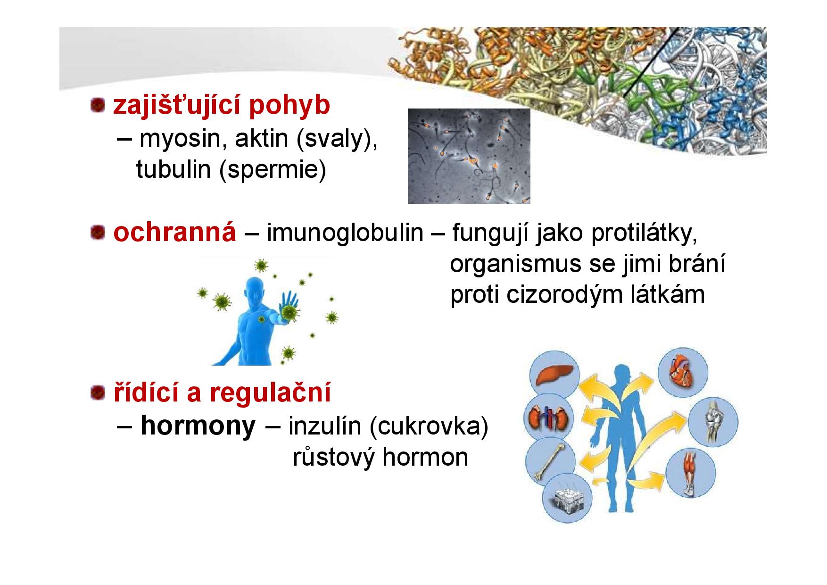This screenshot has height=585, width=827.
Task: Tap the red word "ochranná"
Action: click(174, 232)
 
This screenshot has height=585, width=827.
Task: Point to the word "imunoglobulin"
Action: click(345, 233)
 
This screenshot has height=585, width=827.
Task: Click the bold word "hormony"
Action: click(198, 426)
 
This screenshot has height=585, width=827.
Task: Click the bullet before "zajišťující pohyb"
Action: click(98, 106)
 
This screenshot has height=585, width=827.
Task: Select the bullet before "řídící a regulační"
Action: click(98, 393)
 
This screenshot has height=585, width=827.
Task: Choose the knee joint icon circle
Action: click(713, 421)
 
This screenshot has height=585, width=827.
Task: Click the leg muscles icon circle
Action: click(691, 473)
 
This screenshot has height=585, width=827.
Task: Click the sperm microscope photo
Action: click(469, 156)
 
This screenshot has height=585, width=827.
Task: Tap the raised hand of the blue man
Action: click(288, 307)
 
